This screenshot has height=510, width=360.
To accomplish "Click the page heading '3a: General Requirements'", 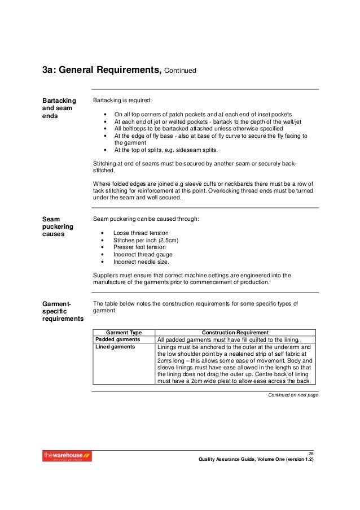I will (102, 71).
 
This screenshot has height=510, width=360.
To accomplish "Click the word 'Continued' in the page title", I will (180, 72).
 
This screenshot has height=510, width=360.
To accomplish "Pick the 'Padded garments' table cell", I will (118, 339).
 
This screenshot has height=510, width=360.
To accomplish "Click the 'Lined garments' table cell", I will (115, 347).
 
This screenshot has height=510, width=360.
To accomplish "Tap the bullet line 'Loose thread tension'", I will (141, 233).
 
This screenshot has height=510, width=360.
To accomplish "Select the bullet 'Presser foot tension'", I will (139, 247).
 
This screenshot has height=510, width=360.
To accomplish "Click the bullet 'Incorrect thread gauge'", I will (142, 255).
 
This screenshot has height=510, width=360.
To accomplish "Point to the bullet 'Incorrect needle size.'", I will (141, 262).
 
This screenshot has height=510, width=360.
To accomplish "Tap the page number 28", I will (310, 454).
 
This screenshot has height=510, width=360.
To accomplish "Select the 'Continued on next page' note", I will (293, 394).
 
